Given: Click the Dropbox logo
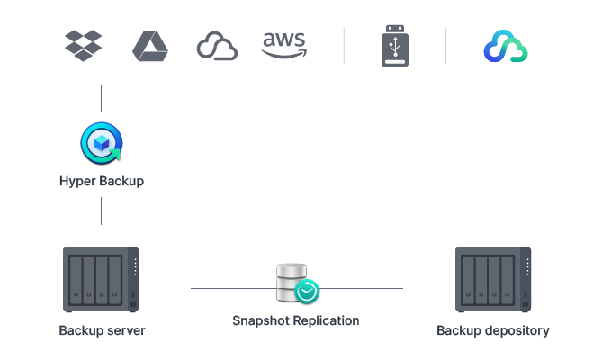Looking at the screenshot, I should [84, 46].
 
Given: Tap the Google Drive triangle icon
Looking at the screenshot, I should [150, 46].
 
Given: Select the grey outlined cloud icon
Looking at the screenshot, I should [217, 47].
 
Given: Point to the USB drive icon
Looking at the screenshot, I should [395, 47].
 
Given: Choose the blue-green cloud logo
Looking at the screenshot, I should [505, 47].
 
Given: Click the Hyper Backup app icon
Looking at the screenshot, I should [102, 144].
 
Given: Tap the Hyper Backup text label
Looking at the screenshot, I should [102, 182].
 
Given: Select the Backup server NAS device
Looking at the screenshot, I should [102, 280].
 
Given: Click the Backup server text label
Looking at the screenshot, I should [102, 330].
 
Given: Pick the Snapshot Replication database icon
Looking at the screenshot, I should [297, 283].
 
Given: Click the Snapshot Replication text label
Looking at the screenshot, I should [296, 320].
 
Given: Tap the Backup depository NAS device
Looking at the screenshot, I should [493, 280].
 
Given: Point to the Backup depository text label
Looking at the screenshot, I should [493, 330].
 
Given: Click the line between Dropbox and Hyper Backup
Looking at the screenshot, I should [102, 99].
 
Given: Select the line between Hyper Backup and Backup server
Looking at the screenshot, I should [102, 211].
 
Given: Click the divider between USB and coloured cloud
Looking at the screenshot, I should [446, 46].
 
